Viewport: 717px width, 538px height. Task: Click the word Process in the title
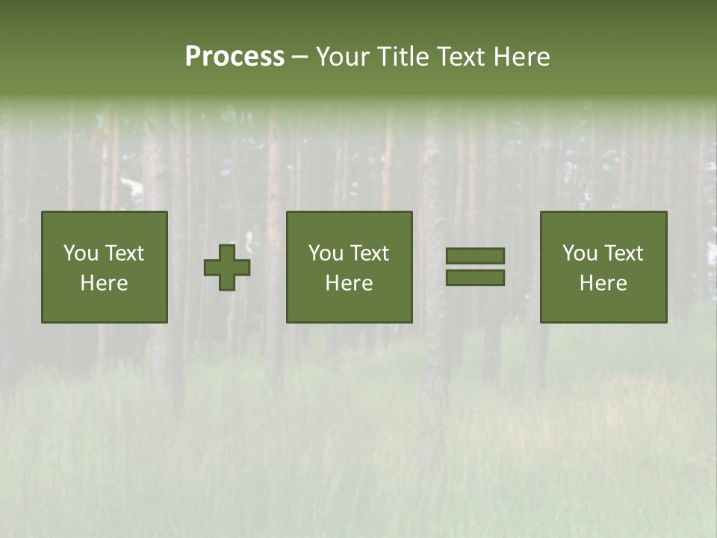point(235,57)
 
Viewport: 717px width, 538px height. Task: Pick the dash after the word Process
point(299,58)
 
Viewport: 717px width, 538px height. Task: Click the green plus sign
point(227,268)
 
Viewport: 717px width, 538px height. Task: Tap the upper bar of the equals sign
point(475,256)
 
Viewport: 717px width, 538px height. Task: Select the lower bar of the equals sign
point(475,277)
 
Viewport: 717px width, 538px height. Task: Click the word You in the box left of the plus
point(81,253)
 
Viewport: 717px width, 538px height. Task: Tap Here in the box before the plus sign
point(104,283)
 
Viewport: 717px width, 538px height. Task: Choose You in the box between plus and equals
point(326,253)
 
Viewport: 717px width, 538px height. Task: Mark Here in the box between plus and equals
point(349,283)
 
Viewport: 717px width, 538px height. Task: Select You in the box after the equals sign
point(580,253)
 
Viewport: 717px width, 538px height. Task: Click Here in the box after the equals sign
point(603,283)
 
